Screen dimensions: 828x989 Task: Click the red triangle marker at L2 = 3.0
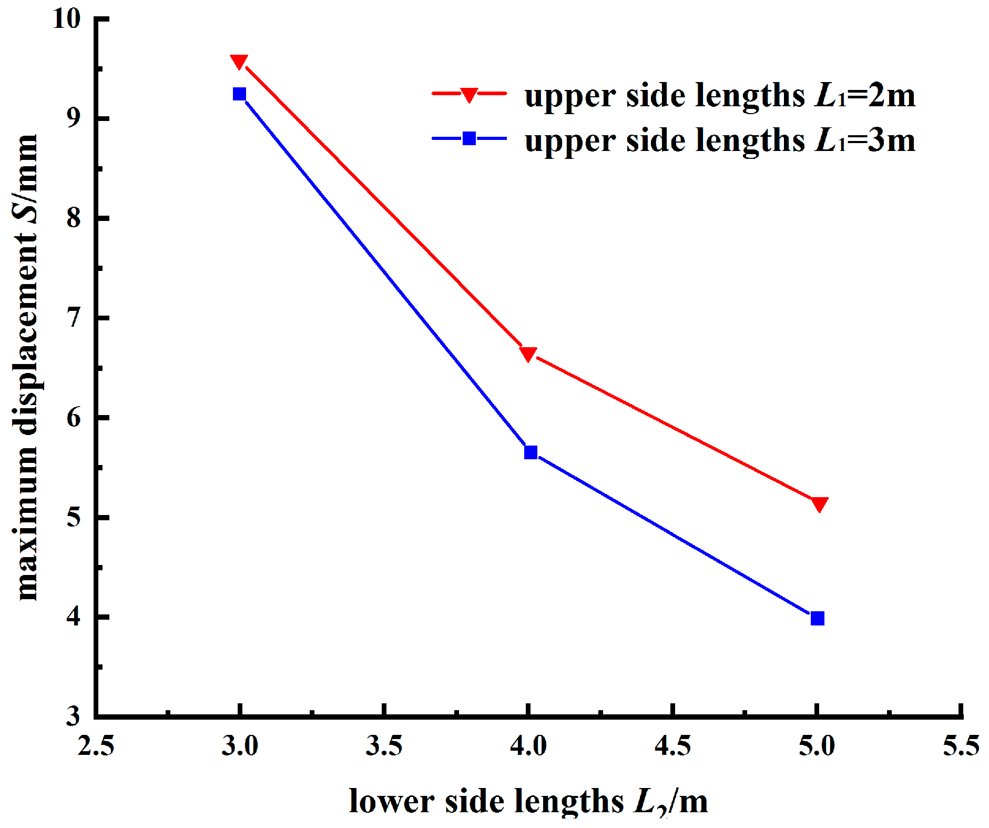tap(239, 62)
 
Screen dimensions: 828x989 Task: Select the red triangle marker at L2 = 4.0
tap(528, 354)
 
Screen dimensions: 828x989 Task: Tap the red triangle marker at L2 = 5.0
tap(819, 504)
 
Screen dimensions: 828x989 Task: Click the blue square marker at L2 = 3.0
tap(239, 94)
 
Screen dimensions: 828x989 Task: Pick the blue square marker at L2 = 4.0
tap(531, 452)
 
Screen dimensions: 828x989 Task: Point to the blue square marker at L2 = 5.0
tap(817, 618)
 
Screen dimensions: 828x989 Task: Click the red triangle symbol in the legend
tap(469, 95)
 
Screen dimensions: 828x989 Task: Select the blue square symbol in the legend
tap(469, 139)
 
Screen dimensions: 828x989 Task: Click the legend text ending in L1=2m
tap(719, 96)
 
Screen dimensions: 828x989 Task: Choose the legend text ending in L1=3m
tap(719, 141)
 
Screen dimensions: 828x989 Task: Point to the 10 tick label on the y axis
tap(67, 19)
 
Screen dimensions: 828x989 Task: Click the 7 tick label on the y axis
tap(74, 318)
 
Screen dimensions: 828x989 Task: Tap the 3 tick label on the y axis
tap(74, 716)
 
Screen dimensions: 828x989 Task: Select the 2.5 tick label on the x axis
tap(96, 746)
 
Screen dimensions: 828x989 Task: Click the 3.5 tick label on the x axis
tap(384, 746)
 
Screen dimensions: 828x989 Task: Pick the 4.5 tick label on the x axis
tap(672, 746)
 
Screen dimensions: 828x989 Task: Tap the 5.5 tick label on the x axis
tap(961, 746)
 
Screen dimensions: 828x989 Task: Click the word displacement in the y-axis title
tap(27, 337)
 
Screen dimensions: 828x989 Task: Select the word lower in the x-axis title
tap(391, 801)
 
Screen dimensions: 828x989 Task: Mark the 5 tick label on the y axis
tap(74, 517)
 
